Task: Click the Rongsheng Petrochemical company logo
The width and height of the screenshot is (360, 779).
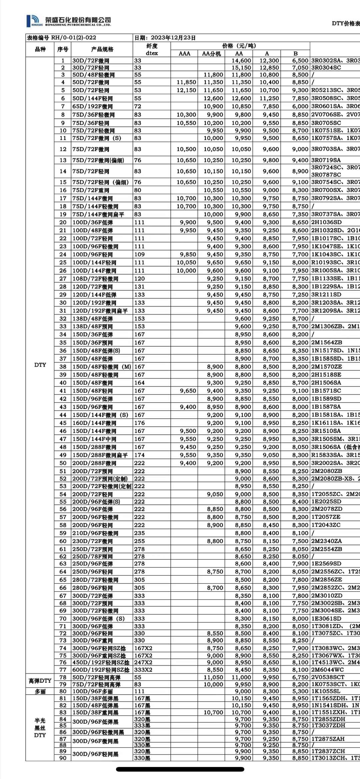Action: click(69, 21)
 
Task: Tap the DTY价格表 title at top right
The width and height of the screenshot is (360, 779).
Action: click(346, 23)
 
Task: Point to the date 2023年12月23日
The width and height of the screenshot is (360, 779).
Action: click(165, 38)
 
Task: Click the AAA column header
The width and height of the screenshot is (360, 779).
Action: click(184, 54)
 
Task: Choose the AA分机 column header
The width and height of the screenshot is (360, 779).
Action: click(211, 54)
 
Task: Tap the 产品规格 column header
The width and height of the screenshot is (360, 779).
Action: click(102, 49)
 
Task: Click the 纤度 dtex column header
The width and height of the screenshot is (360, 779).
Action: click(152, 49)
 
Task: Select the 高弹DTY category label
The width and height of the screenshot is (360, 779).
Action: click(40, 681)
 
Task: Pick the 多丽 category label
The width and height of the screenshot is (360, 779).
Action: click(40, 692)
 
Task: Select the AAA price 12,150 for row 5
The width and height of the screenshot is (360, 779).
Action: click(186, 90)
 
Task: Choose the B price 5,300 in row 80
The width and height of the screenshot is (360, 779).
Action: click(300, 691)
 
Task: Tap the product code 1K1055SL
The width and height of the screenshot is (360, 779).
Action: click(326, 691)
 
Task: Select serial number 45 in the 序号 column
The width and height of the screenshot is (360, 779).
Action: click(63, 423)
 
